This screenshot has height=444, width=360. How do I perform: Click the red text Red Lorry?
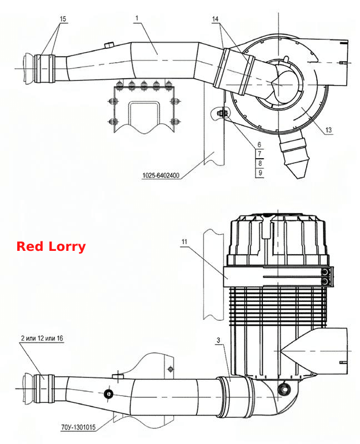(51, 246)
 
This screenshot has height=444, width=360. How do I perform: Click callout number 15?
(63, 19)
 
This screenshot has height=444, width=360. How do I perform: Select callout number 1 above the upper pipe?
(137, 18)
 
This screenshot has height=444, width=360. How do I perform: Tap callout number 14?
(215, 19)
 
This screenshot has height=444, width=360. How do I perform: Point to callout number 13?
(328, 130)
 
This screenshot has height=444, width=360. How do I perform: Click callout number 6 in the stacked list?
(259, 145)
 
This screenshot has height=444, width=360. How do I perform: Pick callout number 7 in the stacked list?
(259, 154)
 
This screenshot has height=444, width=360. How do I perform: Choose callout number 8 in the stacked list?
(259, 163)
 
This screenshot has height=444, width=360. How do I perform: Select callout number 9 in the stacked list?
(259, 173)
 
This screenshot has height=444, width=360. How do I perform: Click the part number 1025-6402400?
(161, 175)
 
